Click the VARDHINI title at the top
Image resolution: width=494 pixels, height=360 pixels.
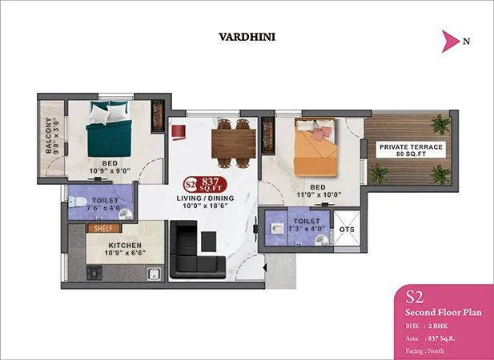[247, 36]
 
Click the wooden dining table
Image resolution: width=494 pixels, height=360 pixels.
[233, 142]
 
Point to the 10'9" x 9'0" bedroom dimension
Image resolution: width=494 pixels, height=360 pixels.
[108, 170]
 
